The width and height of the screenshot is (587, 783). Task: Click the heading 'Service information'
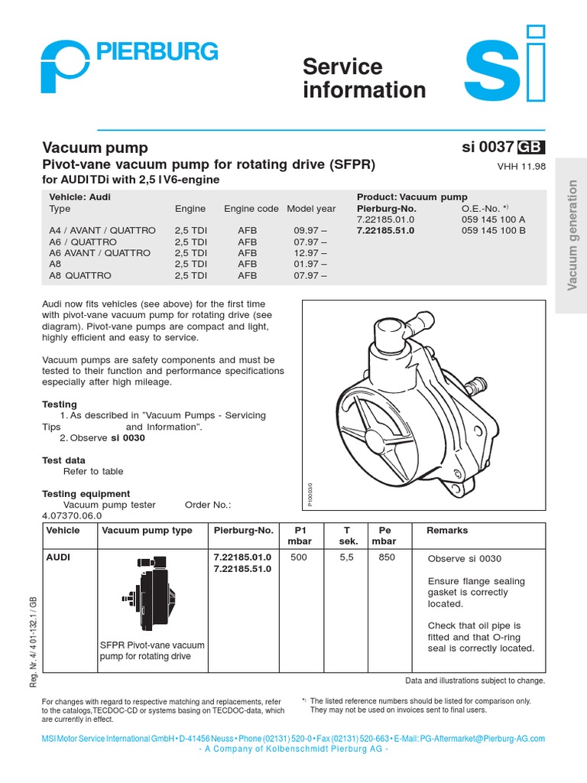coord(364,78)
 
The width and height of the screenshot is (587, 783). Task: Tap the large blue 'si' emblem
coord(505,70)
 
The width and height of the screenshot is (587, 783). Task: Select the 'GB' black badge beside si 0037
coord(531,148)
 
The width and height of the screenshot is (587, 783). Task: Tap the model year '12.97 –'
coord(310,253)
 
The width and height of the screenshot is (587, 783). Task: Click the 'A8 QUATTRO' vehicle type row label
coord(80,275)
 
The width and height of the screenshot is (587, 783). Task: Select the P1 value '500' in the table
coord(298,557)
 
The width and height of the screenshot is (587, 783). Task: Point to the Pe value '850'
coord(387,557)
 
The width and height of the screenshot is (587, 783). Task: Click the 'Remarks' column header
coord(447,530)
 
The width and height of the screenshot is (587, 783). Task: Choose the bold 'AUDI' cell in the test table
coord(58,557)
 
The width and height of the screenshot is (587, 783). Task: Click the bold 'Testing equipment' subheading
coord(86,494)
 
